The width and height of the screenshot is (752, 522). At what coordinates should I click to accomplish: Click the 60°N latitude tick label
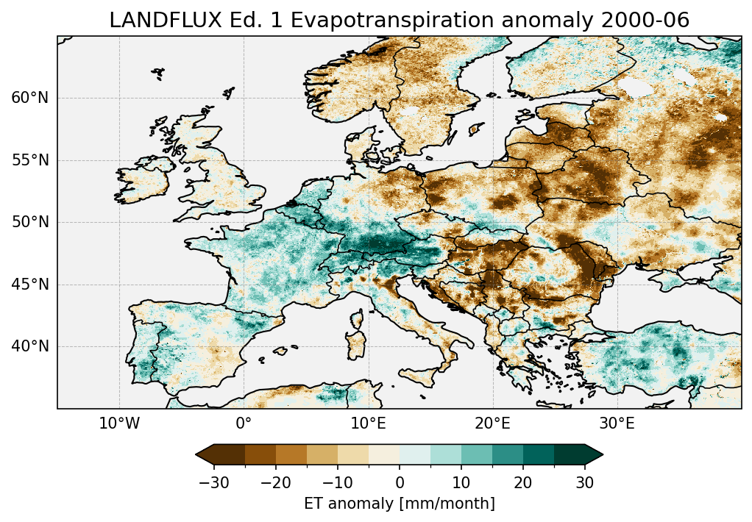point(30,98)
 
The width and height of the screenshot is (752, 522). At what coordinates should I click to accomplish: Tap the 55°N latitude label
point(30,160)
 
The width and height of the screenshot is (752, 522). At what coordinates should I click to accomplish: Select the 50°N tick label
point(30,222)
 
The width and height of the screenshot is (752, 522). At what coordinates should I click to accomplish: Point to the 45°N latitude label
point(30,285)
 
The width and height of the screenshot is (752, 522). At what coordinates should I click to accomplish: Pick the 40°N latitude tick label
point(30,346)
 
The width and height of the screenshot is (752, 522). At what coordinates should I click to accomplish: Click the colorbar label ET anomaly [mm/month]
point(400,504)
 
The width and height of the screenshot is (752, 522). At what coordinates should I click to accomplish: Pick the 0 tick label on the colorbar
point(400,483)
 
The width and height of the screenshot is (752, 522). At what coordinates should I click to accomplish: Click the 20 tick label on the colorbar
point(523,483)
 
